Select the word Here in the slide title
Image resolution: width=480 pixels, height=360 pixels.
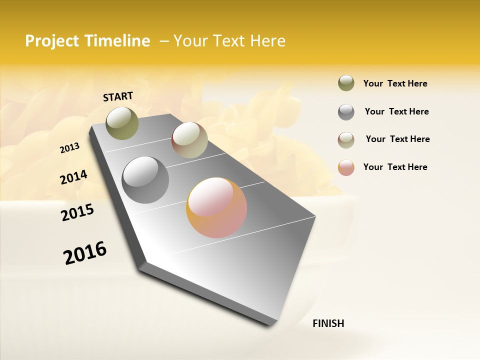(x=267, y=41)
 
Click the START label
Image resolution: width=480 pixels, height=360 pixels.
(x=118, y=96)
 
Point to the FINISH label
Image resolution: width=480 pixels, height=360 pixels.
(x=328, y=323)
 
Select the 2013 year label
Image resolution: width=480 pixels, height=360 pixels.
(x=70, y=148)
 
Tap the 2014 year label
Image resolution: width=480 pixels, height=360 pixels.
(x=73, y=177)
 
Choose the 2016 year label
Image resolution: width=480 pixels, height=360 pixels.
(x=85, y=253)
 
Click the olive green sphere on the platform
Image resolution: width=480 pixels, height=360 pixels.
(x=122, y=123)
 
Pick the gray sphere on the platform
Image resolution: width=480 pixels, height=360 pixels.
(x=145, y=180)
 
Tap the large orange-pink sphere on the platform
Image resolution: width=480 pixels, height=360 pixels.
(x=216, y=207)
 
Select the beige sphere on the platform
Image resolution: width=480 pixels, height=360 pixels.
(x=189, y=140)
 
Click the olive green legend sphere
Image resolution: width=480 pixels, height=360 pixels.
(x=346, y=83)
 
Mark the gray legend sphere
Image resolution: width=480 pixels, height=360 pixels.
(x=346, y=112)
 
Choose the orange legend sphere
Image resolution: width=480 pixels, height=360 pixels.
(x=346, y=167)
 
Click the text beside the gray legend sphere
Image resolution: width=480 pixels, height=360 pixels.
(x=396, y=111)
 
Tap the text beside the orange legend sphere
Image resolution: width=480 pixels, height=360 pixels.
(x=395, y=167)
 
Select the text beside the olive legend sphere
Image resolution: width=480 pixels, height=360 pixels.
(x=395, y=83)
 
